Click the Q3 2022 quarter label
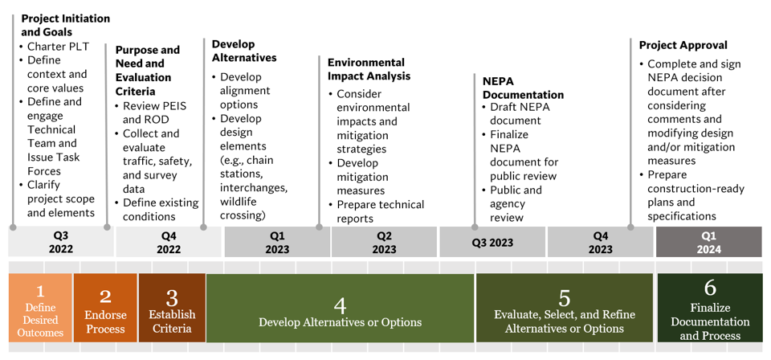coord(60,242)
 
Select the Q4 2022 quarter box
coord(169,242)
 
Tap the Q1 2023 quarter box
coord(276,242)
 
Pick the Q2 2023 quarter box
coord(384,242)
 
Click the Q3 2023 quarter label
coord(492,242)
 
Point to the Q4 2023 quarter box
coord(600,242)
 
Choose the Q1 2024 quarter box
coord(708,242)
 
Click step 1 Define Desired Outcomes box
coord(40,309)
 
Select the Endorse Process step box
coord(105,309)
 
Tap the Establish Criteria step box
coord(172,309)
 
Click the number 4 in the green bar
coord(340,305)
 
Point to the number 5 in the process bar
coord(565,299)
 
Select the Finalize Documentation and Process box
coord(710,309)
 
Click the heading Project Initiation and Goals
coord(65,25)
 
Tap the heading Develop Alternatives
coord(244,51)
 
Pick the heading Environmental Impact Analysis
coord(369,69)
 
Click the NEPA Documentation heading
coord(523,88)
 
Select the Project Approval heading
coord(683,45)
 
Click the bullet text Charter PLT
coord(58,47)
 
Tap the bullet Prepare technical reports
coord(380,211)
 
